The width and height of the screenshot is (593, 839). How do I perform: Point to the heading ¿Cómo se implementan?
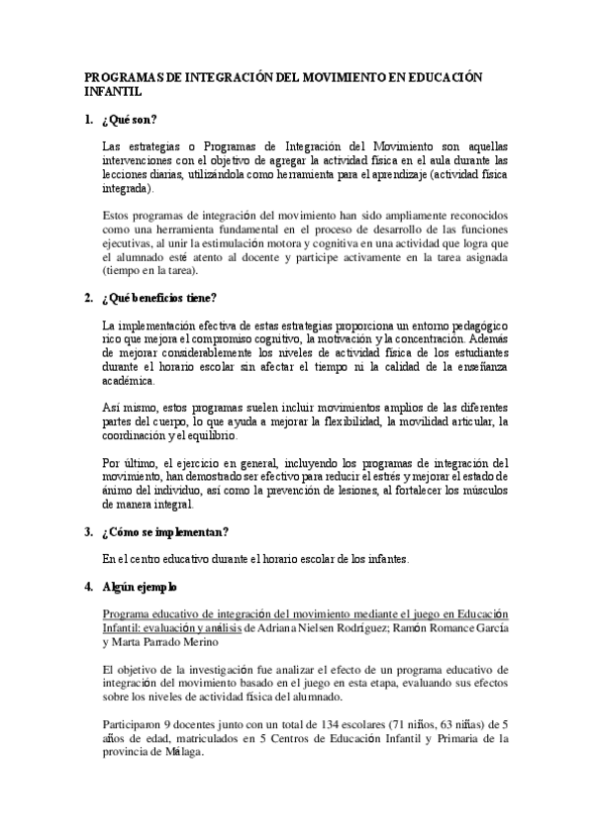click(165, 531)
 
